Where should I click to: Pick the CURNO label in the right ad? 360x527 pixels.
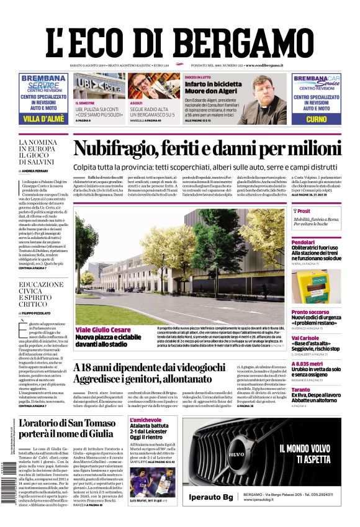point(316,119)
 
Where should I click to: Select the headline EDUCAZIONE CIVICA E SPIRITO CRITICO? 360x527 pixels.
point(41,294)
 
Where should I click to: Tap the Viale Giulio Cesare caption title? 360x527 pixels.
point(103,330)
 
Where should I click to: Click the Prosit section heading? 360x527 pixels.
point(304,211)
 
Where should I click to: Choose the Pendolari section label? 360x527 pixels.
point(304,243)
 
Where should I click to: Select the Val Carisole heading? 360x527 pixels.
point(305,338)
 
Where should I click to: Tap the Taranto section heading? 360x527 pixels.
point(301,390)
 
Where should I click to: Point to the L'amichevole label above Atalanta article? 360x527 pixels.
point(146,420)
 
